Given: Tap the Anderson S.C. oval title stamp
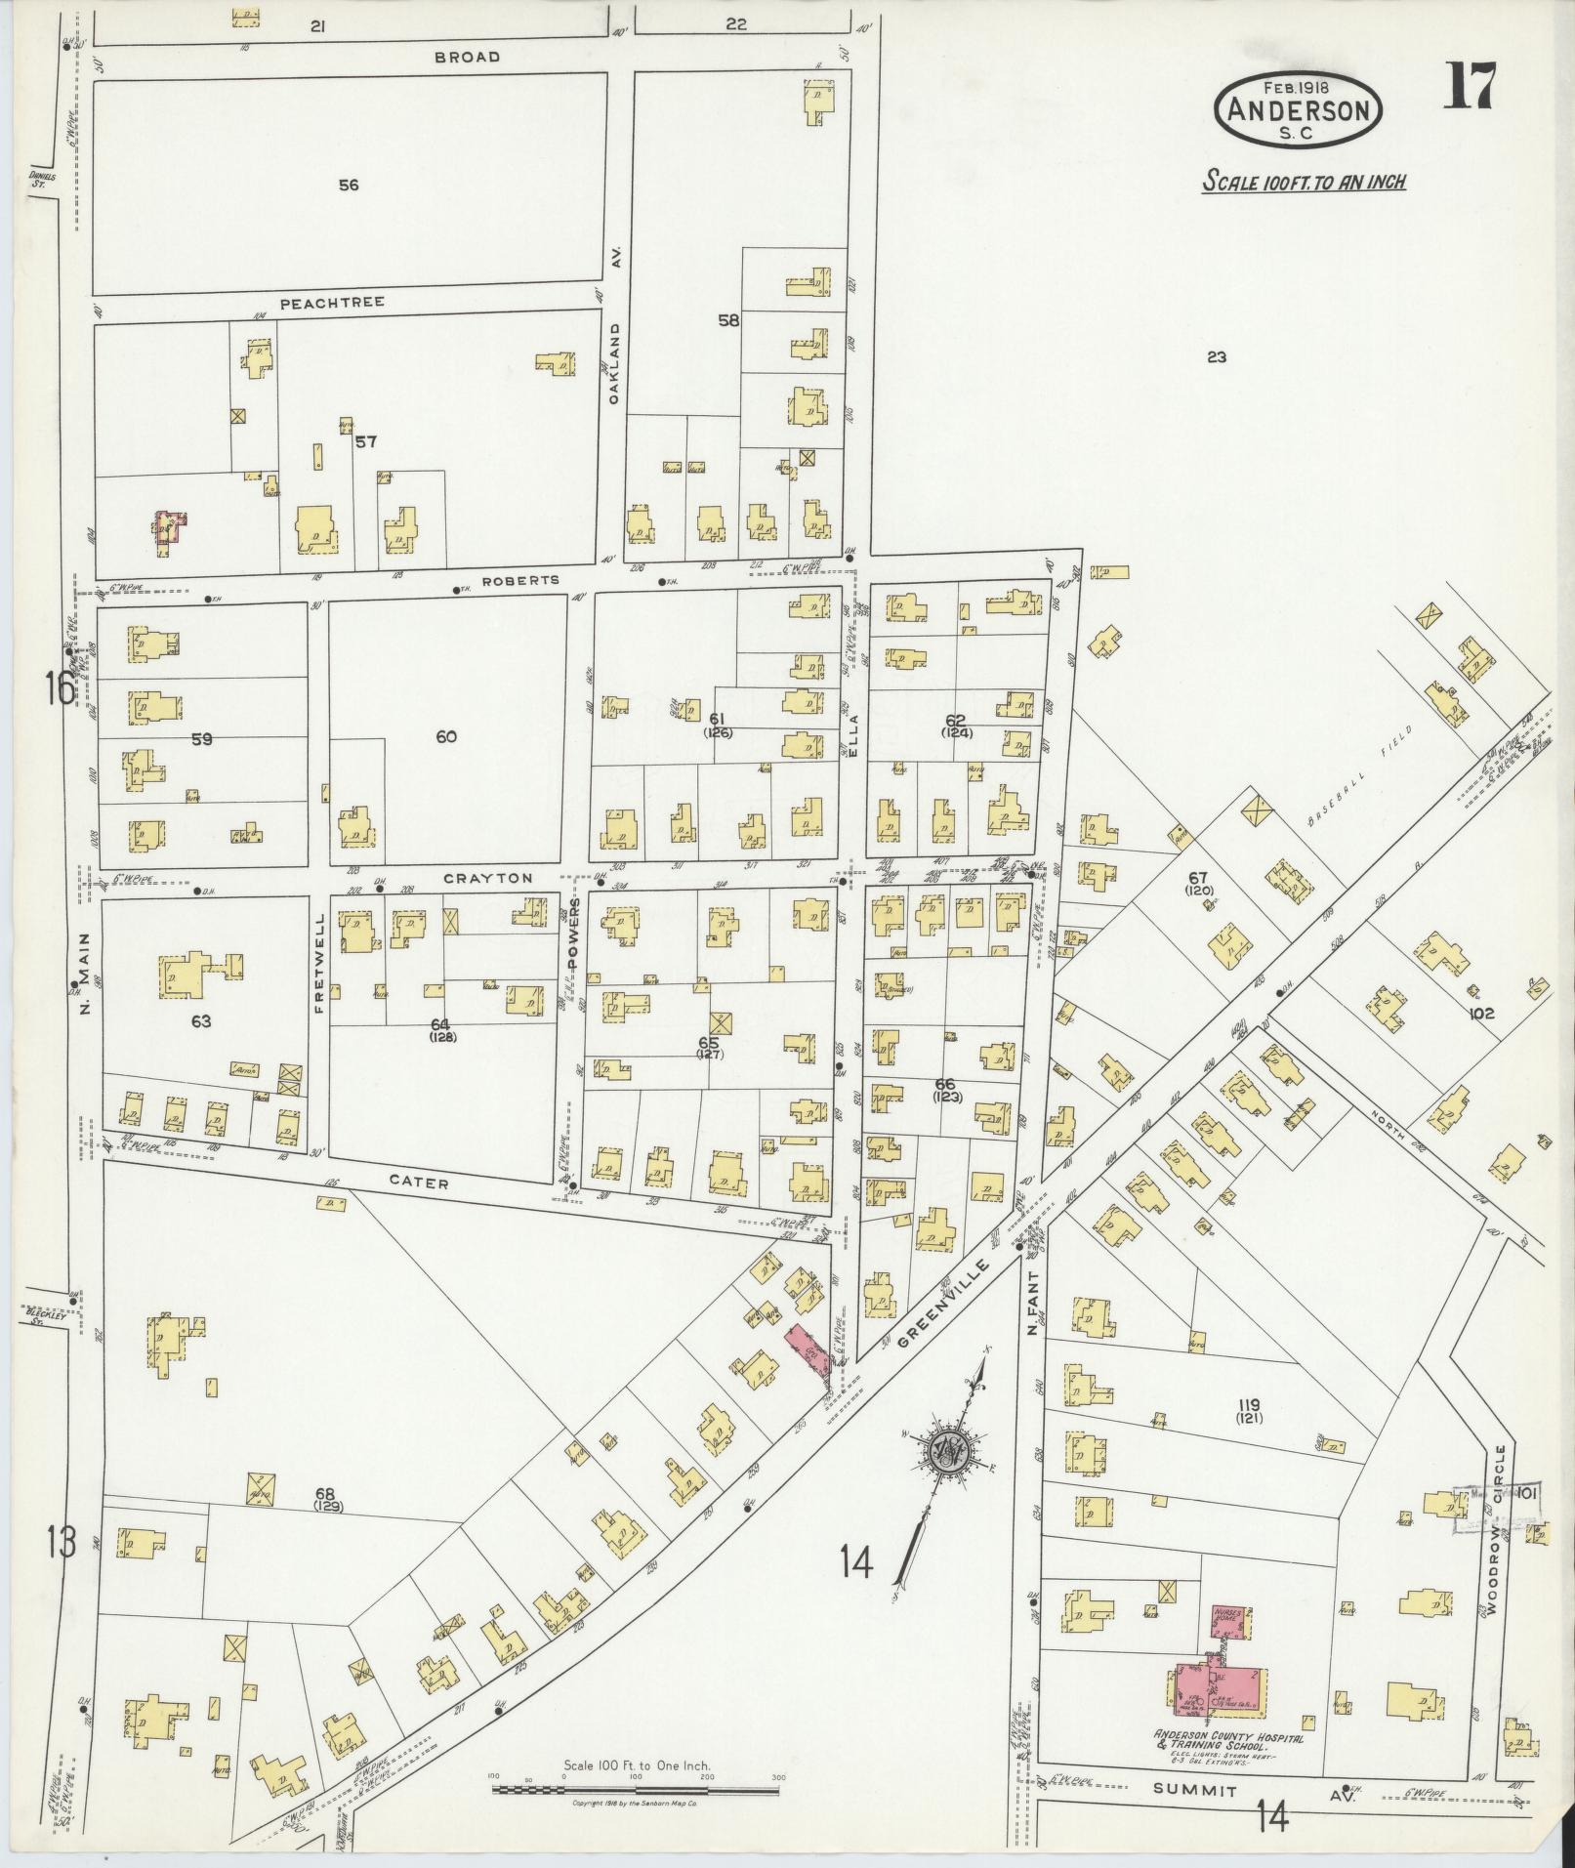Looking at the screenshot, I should click(1298, 110).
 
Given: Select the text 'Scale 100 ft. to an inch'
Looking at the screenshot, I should click(1304, 181).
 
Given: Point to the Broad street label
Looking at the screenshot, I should click(467, 57).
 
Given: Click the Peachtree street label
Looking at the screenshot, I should click(332, 303).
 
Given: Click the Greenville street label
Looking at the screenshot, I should click(942, 1305).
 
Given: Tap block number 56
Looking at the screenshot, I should click(348, 185).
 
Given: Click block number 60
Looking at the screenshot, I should click(446, 736).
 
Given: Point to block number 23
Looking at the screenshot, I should click(1216, 357).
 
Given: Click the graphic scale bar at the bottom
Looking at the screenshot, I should click(636, 1789).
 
